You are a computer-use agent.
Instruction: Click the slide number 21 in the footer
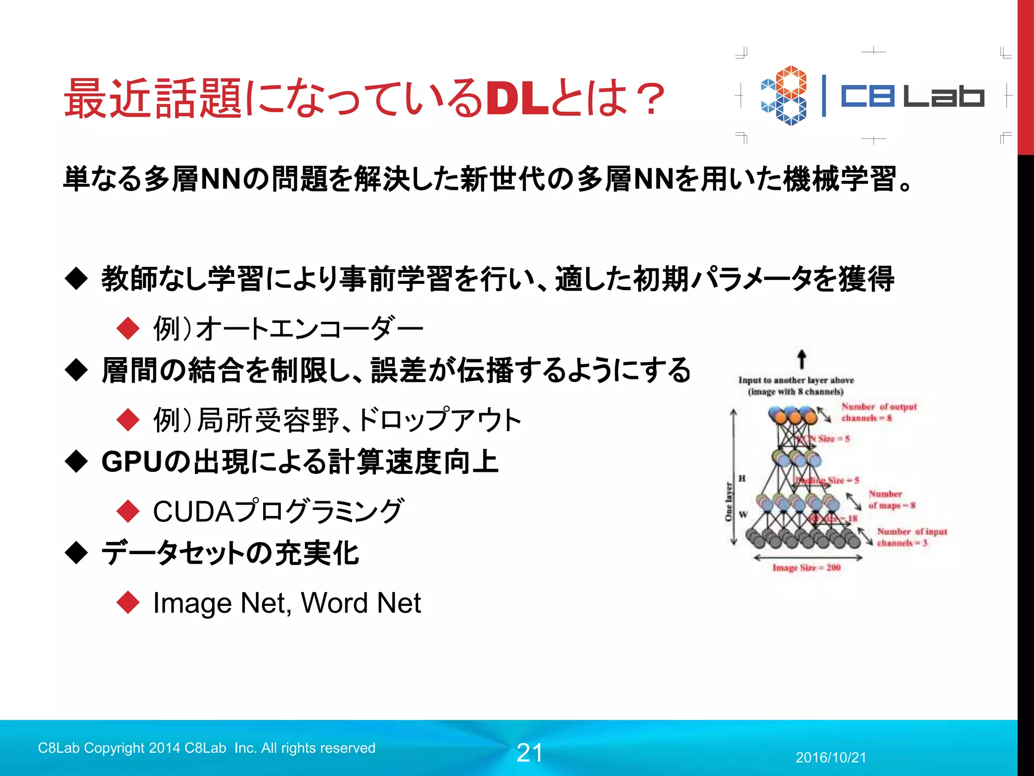529,753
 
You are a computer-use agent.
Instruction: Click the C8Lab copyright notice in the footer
206,748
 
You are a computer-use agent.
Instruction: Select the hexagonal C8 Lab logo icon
784,95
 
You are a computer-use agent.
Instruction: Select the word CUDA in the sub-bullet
194,511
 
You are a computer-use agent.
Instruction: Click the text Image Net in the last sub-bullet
220,603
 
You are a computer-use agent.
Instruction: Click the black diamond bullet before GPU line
77,462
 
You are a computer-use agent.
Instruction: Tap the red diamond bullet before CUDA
128,511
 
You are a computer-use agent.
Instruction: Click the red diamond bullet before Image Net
128,603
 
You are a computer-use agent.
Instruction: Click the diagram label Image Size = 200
806,568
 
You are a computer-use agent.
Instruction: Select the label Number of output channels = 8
878,412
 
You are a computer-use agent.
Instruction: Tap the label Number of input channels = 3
911,537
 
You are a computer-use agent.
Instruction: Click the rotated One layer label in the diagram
728,502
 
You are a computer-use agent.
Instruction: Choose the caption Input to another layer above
796,380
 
